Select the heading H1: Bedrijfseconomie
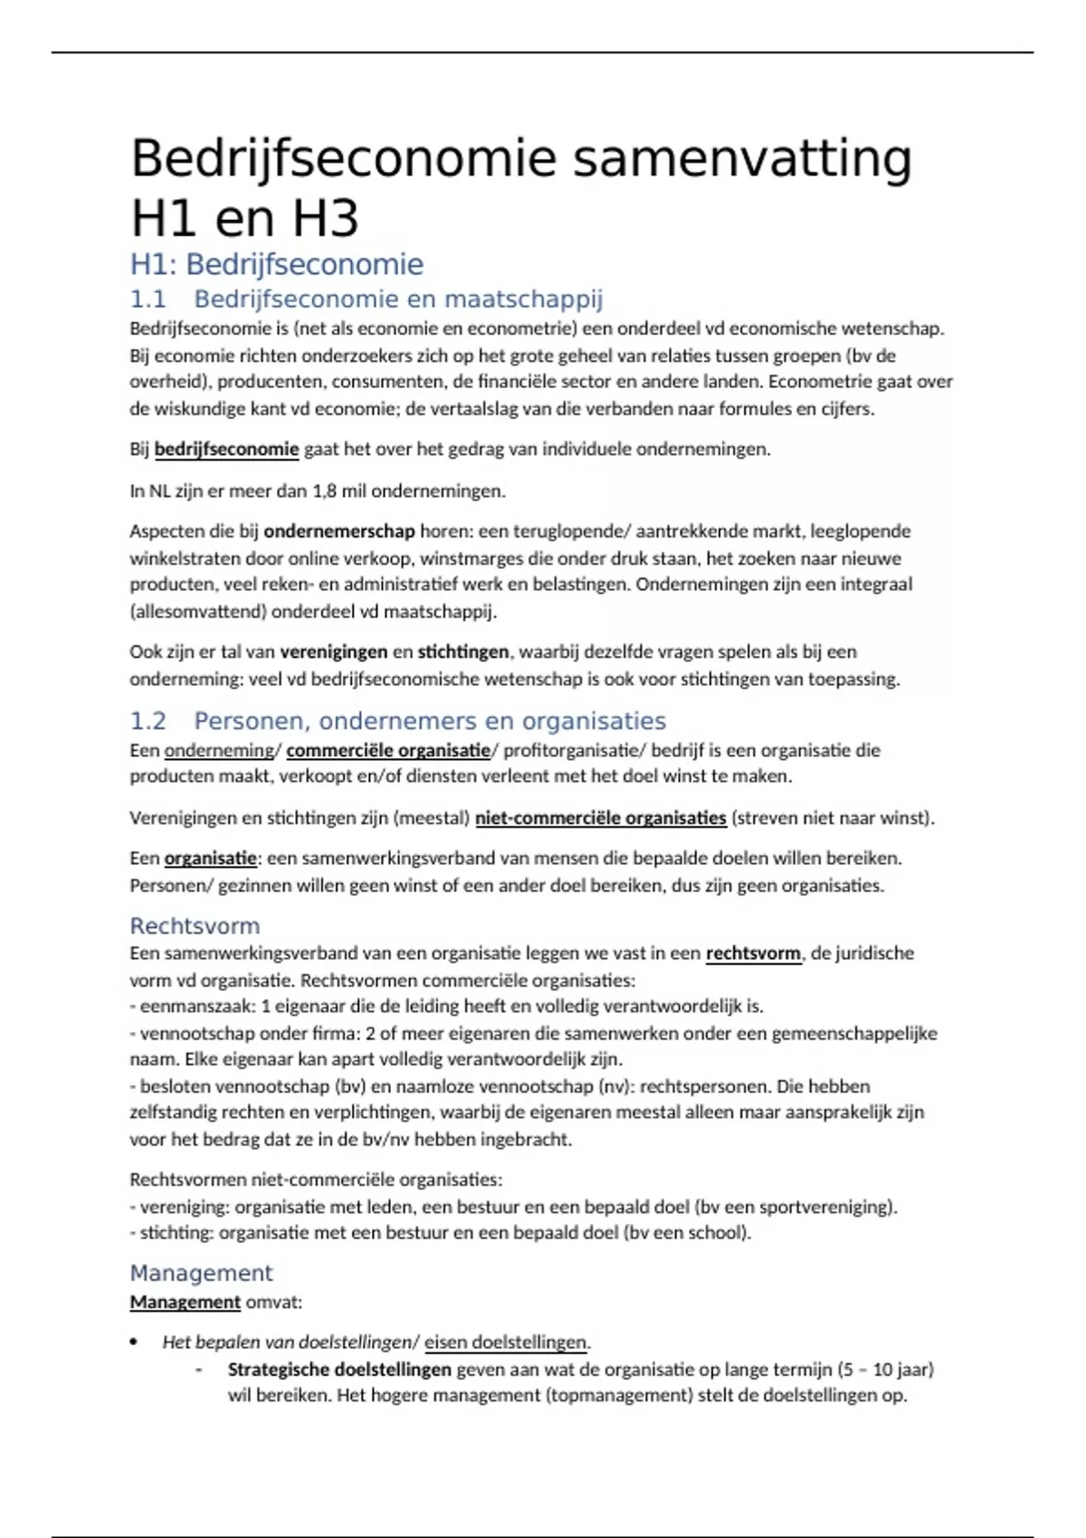pyautogui.click(x=276, y=264)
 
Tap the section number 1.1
pyautogui.click(x=148, y=299)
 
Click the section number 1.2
pyautogui.click(x=148, y=721)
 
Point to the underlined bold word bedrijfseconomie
pyautogui.click(x=226, y=450)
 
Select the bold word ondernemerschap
pyautogui.click(x=338, y=531)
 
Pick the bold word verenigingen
pyautogui.click(x=333, y=651)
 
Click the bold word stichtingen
pyautogui.click(x=462, y=651)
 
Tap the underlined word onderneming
pyautogui.click(x=218, y=750)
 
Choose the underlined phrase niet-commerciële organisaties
pyautogui.click(x=600, y=818)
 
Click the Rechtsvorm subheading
pyautogui.click(x=195, y=926)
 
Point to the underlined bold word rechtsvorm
pyautogui.click(x=753, y=953)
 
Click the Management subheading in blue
pyautogui.click(x=201, y=1273)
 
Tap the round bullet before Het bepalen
pyautogui.click(x=134, y=1342)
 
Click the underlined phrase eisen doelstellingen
pyautogui.click(x=505, y=1343)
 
